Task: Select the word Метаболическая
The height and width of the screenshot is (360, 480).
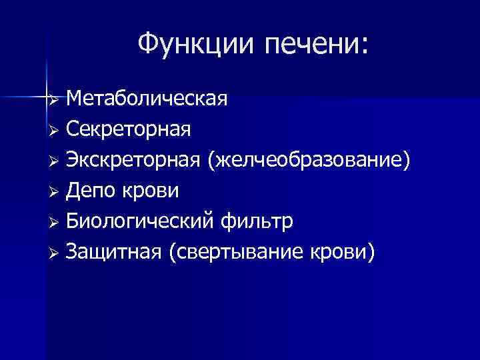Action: pos(147,99)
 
